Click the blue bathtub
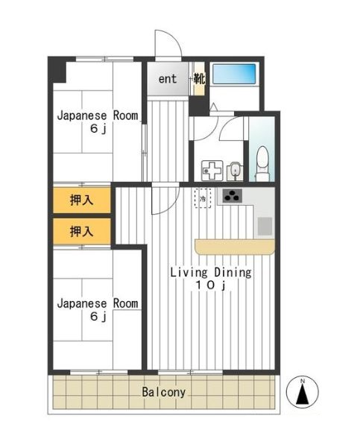[x=234, y=74]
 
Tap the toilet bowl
[x=262, y=163]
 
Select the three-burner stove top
[x=232, y=195]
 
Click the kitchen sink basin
[x=265, y=226]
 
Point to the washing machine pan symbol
[x=212, y=171]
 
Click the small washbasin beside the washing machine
[x=235, y=171]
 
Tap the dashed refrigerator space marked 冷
[x=203, y=198]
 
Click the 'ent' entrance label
[x=168, y=79]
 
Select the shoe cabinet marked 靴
[x=199, y=79]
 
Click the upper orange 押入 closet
[x=81, y=201]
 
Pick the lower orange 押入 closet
[x=81, y=231]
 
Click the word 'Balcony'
[x=163, y=392]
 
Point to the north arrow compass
[x=303, y=392]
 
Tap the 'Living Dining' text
[x=211, y=273]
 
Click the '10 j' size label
[x=211, y=285]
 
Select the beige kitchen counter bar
[x=235, y=247]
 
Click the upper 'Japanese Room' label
[x=98, y=116]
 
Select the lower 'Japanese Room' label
[x=98, y=303]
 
